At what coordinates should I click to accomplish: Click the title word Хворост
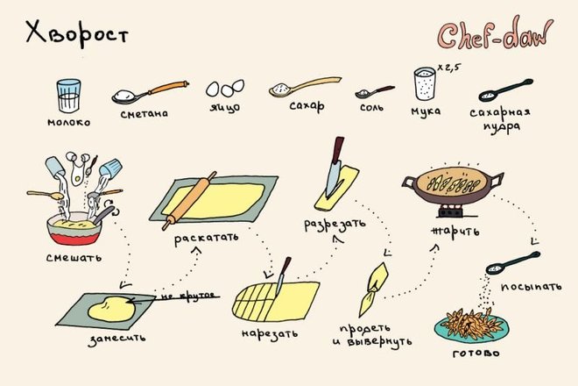pos(77,35)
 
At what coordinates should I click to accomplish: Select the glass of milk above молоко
pos(68,96)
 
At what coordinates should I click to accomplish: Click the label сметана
pos(144,113)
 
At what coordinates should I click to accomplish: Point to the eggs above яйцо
pos(225,88)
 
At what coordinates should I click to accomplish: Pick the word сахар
pos(307,106)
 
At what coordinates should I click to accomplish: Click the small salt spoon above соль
pos(375,91)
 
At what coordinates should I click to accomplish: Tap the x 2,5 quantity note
pos(449,68)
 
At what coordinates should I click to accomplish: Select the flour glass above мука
pos(425,83)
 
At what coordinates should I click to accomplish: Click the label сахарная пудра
pos(500,119)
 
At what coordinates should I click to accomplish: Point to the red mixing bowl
pos(74,228)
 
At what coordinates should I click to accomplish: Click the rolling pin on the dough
pos(189,201)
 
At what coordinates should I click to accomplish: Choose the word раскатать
pos(206,239)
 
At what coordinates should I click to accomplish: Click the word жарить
pos(455,232)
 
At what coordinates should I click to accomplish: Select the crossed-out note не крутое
pos(188,297)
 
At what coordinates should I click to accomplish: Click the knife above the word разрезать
pos(335,167)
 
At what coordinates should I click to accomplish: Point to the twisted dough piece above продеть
pos(373,289)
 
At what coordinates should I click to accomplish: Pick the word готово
pos(476,354)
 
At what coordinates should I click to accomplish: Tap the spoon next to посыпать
pos(512,263)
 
